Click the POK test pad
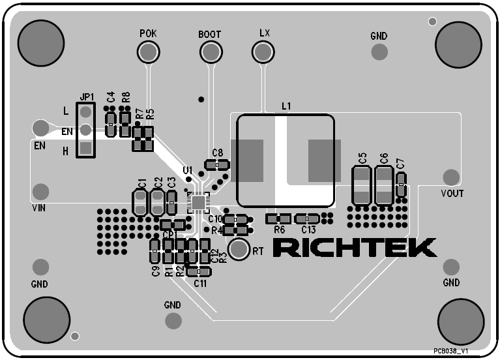pos(148,52)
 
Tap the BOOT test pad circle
pos(209,52)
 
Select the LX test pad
pos(263,51)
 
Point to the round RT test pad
pos(239,249)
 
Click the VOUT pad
pos(450,177)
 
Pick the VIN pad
pos(40,192)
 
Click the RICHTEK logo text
pos(354,248)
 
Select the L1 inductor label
pos(286,106)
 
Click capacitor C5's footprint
pos(362,185)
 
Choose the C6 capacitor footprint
pos(384,185)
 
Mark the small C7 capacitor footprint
pos(401,185)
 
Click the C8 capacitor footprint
pos(216,166)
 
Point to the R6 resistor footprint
pos(279,218)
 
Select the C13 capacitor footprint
pos(306,218)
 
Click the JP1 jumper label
pos(87,97)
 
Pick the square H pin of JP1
pos(85,149)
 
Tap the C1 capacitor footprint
pos(140,202)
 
